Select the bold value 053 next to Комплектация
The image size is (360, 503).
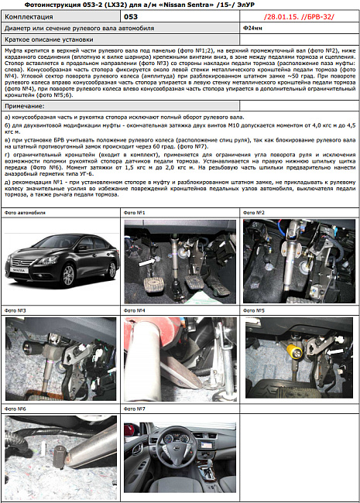point(131,15)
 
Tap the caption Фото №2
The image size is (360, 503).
point(254,212)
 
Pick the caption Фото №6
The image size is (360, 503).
point(15,409)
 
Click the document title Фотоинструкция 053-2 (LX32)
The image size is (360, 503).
point(77,5)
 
